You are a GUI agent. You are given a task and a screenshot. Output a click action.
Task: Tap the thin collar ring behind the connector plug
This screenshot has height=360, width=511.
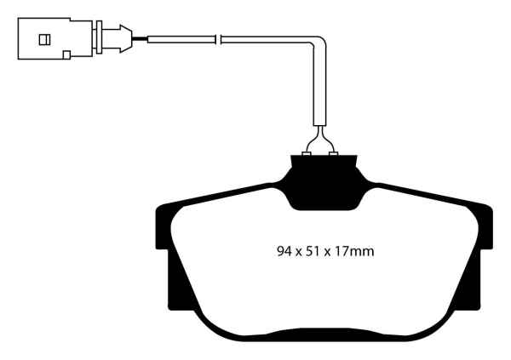pos(100,38)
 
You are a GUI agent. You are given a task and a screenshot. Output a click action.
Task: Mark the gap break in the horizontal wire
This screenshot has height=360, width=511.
pos(219,38)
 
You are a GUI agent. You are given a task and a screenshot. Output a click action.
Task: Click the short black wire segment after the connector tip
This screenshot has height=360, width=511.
pos(141,38)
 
